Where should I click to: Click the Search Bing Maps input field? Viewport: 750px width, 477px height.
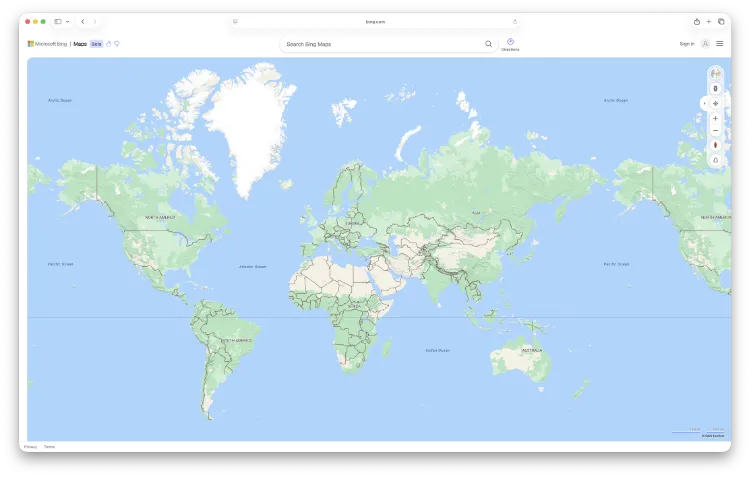380,44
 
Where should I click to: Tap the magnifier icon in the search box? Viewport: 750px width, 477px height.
488,44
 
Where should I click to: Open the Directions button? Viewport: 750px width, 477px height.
510,44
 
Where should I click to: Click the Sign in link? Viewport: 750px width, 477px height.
686,44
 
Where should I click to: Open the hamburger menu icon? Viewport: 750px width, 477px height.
719,44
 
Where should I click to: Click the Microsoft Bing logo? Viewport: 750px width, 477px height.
48,44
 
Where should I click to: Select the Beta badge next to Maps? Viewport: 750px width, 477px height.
96,44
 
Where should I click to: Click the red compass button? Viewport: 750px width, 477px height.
715,145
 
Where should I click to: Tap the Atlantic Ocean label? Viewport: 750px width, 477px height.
253,267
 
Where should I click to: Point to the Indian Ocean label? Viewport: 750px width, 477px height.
438,350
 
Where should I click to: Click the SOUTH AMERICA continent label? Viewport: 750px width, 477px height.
237,340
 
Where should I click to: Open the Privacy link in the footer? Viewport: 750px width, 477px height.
30,446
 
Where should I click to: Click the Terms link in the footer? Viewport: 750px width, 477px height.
49,446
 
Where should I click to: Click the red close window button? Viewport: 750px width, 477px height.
27,21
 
